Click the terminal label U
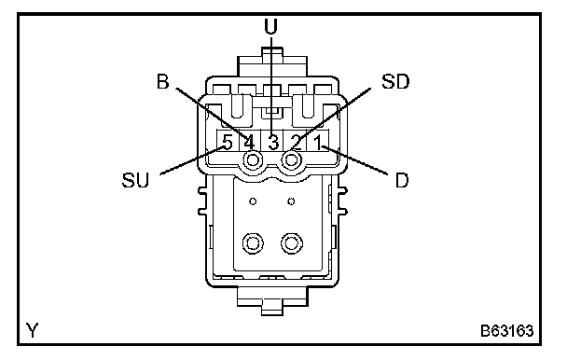click(x=270, y=26)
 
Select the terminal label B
click(x=162, y=81)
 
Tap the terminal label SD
click(x=395, y=82)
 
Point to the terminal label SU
click(x=135, y=180)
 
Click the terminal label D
click(x=402, y=180)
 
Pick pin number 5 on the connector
click(x=228, y=142)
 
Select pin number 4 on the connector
click(x=249, y=142)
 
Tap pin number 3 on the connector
click(x=273, y=142)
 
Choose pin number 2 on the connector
click(x=297, y=142)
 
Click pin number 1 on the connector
click(x=317, y=142)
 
